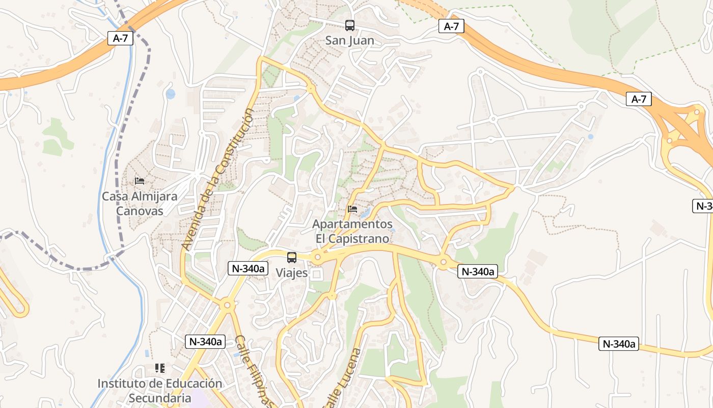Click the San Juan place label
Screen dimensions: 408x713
pyautogui.click(x=349, y=40)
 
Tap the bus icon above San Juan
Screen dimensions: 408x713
pyautogui.click(x=349, y=25)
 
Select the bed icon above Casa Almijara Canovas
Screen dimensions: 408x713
pyautogui.click(x=140, y=181)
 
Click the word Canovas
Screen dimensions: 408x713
pyautogui.click(x=140, y=211)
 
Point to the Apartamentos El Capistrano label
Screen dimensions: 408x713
pyautogui.click(x=352, y=231)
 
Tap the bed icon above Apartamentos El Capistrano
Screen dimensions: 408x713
pyautogui.click(x=352, y=209)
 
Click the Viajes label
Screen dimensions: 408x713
pyautogui.click(x=292, y=273)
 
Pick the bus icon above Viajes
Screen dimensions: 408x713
pyautogui.click(x=292, y=258)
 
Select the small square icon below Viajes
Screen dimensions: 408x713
pyautogui.click(x=317, y=274)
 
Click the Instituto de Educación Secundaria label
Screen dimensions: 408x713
pyautogui.click(x=160, y=390)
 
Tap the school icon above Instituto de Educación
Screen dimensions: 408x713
pyautogui.click(x=160, y=368)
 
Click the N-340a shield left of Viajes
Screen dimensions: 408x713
pyautogui.click(x=248, y=268)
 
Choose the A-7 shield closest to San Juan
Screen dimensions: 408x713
pyautogui.click(x=451, y=27)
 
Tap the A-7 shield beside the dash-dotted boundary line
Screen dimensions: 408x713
pyautogui.click(x=120, y=38)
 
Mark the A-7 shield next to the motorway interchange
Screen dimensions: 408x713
pyautogui.click(x=639, y=99)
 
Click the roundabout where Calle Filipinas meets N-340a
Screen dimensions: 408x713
pyautogui.click(x=227, y=305)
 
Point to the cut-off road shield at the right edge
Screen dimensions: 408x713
pyautogui.click(x=704, y=206)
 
